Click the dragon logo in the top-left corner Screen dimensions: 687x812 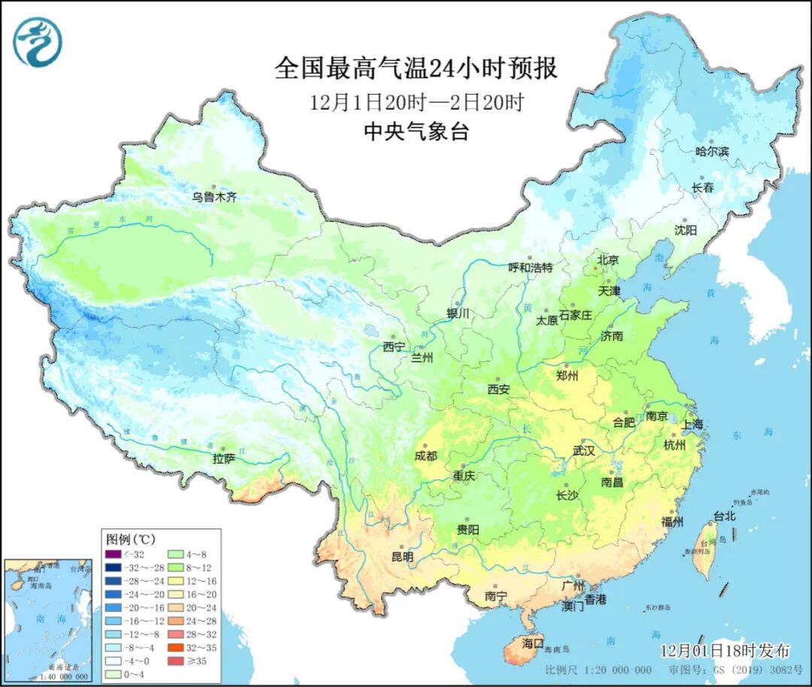pos(37,42)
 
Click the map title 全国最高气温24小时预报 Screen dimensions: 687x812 pos(416,68)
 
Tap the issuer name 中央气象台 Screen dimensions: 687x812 pos(416,132)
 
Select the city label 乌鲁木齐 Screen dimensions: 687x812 pos(214,197)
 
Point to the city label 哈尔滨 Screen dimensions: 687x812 pos(712,151)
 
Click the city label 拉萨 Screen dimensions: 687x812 pos(223,458)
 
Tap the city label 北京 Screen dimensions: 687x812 pos(607,260)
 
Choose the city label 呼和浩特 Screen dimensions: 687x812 pos(530,268)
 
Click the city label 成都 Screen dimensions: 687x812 pos(426,455)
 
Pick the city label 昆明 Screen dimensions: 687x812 pos(401,557)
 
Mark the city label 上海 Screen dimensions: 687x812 pos(692,424)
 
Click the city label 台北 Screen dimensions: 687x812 pos(724,516)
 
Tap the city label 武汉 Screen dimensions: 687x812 pos(583,451)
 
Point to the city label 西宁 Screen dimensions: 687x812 pos(393,347)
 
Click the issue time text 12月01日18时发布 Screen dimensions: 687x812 pos(725,650)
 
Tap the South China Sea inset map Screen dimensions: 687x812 pos(47,619)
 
